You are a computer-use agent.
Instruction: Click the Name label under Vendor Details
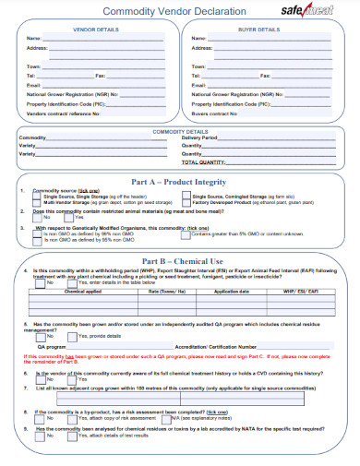click(x=33, y=38)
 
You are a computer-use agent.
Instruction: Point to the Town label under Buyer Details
click(x=198, y=67)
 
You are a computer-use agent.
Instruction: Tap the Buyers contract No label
click(x=214, y=113)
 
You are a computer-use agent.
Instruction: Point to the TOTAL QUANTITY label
click(x=209, y=161)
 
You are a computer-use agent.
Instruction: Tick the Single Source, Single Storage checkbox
click(x=38, y=197)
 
